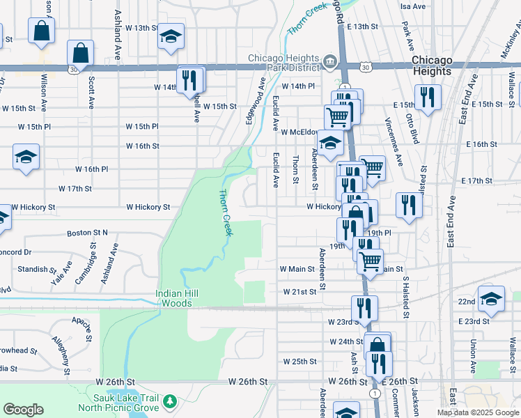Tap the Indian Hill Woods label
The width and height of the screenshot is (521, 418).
tap(177, 298)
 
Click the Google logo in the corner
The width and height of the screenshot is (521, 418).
tap(23, 410)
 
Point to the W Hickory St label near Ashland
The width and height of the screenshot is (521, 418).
tap(148, 207)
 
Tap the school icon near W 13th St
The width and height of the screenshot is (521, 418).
tap(170, 38)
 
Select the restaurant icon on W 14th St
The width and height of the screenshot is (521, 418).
tap(189, 79)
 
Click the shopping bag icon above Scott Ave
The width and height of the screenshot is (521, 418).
tap(81, 53)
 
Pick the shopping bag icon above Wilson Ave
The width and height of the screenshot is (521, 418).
tap(42, 31)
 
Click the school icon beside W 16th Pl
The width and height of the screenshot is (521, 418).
tap(26, 157)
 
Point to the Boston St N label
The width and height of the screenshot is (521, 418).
tap(87, 233)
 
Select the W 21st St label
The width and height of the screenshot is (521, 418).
tap(300, 292)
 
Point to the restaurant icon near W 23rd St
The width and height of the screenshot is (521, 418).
tap(364, 307)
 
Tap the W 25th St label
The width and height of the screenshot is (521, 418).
tap(300, 362)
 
